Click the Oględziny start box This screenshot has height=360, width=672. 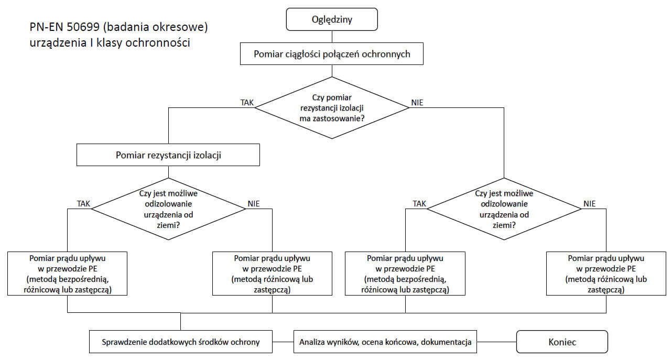[x=332, y=19]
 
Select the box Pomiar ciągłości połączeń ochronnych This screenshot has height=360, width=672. [x=332, y=53]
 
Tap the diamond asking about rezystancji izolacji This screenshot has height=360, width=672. [x=332, y=108]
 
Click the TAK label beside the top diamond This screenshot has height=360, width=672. [x=247, y=103]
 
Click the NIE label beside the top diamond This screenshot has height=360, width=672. [x=417, y=103]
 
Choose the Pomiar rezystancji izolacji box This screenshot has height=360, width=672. [x=168, y=155]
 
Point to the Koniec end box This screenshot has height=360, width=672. [x=562, y=342]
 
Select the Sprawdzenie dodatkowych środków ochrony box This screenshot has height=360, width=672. [x=181, y=342]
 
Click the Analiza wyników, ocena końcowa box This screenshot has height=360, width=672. [x=385, y=342]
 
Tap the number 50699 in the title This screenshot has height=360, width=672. [x=83, y=27]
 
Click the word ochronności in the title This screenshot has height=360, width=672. [x=158, y=42]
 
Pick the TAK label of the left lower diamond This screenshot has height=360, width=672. [x=83, y=204]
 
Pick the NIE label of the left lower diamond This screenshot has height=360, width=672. [x=254, y=204]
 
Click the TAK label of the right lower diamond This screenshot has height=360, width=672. [x=419, y=204]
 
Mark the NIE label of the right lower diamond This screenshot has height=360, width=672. [x=589, y=204]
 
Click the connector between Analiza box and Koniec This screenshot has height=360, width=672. [x=496, y=342]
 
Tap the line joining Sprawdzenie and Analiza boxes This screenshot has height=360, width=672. [x=283, y=342]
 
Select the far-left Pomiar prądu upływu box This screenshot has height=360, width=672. [x=67, y=274]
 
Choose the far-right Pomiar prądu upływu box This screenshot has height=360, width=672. [x=606, y=274]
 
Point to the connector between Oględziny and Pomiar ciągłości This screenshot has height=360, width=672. [x=332, y=37]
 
